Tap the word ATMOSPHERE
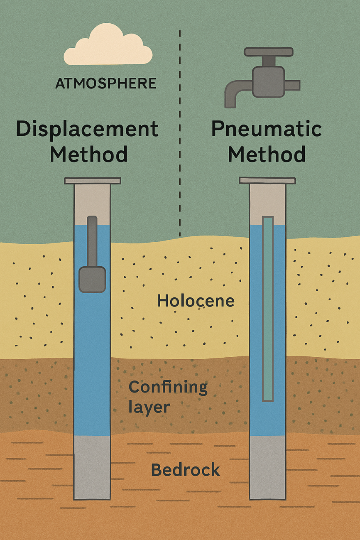(106, 83)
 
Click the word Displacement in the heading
(87, 129)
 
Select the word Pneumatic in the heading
(267, 129)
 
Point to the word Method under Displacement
(88, 155)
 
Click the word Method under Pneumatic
(267, 155)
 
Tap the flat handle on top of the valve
(268, 52)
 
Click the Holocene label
(196, 301)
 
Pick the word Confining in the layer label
(168, 387)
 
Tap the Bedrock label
(185, 470)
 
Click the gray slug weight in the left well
(92, 279)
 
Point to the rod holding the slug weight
(92, 241)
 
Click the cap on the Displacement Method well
(92, 181)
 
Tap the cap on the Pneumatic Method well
(268, 181)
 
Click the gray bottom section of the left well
(92, 467)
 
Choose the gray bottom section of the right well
(268, 467)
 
